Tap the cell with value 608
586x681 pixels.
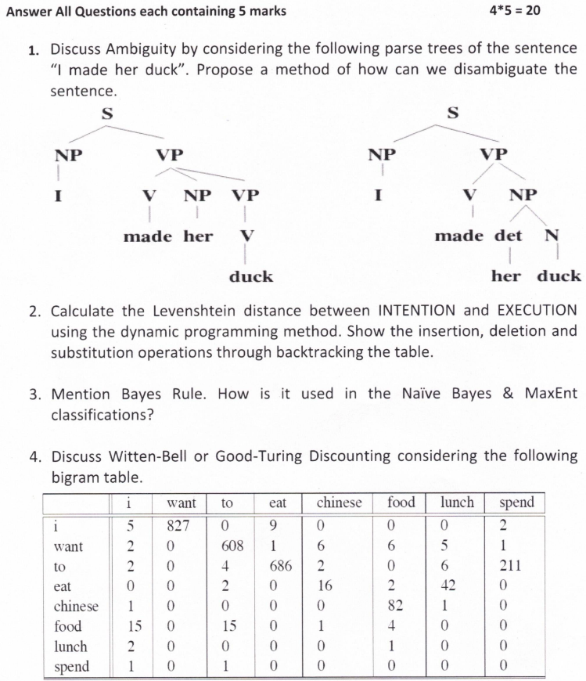coord(231,546)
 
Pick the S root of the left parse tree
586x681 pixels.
coord(107,114)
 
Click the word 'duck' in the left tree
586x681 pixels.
coord(251,276)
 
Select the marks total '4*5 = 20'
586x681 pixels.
coord(514,11)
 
